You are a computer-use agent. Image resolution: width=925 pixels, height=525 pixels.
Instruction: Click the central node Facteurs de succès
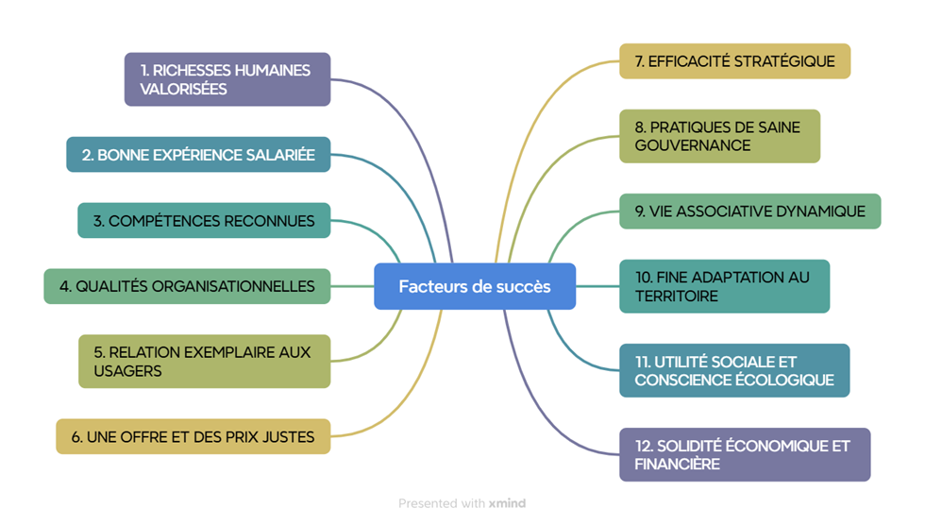(x=474, y=286)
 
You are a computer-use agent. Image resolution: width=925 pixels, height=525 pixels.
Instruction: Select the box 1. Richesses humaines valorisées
(x=227, y=79)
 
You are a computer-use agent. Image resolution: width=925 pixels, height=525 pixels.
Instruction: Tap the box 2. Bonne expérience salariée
(x=198, y=155)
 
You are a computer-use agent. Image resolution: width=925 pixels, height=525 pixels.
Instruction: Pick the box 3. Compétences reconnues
(x=204, y=221)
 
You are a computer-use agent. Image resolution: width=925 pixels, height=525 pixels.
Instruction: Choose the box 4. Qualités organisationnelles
(x=187, y=286)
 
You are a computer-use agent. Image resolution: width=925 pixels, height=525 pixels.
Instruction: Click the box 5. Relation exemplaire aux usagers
(x=204, y=361)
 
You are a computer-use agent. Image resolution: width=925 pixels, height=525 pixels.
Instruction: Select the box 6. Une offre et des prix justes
(x=193, y=437)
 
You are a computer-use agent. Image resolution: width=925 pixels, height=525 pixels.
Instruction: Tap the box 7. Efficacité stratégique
(x=734, y=61)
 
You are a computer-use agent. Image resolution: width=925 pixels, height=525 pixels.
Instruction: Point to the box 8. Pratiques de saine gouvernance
(x=719, y=136)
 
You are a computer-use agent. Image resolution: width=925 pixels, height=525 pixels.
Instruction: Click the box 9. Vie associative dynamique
(x=749, y=212)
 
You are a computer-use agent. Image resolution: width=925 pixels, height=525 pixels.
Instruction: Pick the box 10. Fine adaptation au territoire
(x=724, y=286)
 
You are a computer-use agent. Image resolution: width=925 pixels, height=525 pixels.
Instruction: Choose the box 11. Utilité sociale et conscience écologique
(x=734, y=370)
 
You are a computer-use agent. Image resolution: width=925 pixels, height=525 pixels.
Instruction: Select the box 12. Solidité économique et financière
(x=745, y=454)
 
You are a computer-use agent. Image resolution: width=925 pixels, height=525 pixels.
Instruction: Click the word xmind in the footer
(x=507, y=503)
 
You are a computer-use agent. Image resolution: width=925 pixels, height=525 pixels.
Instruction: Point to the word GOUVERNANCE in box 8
(x=693, y=145)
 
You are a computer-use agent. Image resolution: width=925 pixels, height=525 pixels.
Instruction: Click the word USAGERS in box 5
(x=127, y=371)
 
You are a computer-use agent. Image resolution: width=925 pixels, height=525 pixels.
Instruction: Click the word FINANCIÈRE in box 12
(x=678, y=464)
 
